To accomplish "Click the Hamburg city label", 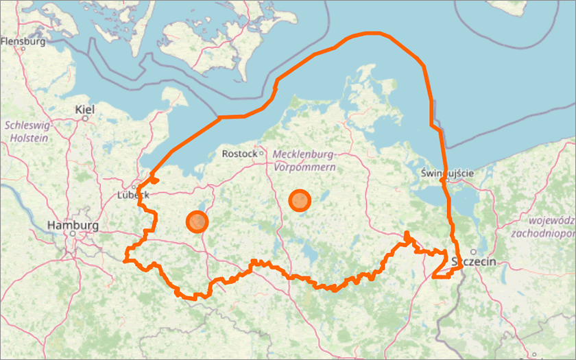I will click(x=73, y=225).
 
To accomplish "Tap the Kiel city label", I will click(x=85, y=109).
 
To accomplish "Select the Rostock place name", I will click(x=239, y=154).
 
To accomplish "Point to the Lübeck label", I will click(x=133, y=195).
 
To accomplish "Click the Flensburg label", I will click(x=23, y=41).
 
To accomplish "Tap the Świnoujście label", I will click(x=447, y=173).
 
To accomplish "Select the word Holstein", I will click(x=29, y=138).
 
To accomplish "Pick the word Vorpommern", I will click(x=304, y=167).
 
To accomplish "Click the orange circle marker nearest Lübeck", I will click(x=197, y=221).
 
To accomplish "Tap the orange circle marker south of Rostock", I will click(x=300, y=200).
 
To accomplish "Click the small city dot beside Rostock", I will click(x=261, y=153).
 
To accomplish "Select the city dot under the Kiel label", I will click(x=85, y=118).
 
